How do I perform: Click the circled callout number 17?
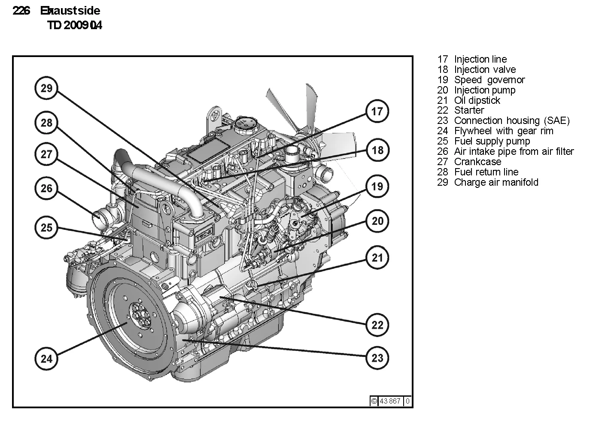[377, 112]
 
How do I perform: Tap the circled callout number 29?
[46, 88]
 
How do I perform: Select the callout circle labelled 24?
[46, 358]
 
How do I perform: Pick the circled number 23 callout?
[377, 358]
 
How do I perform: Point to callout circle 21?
[377, 257]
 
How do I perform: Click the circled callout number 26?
[46, 188]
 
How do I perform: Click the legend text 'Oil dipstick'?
[477, 100]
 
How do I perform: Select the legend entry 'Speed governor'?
[489, 80]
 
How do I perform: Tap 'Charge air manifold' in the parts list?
[496, 182]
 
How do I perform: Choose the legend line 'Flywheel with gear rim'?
[504, 131]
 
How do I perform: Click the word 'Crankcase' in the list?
[477, 162]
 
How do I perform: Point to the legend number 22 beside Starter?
[442, 110]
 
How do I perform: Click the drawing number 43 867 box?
[390, 401]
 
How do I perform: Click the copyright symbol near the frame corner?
[374, 401]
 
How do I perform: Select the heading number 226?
[21, 11]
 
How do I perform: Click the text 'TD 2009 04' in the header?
[75, 26]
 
